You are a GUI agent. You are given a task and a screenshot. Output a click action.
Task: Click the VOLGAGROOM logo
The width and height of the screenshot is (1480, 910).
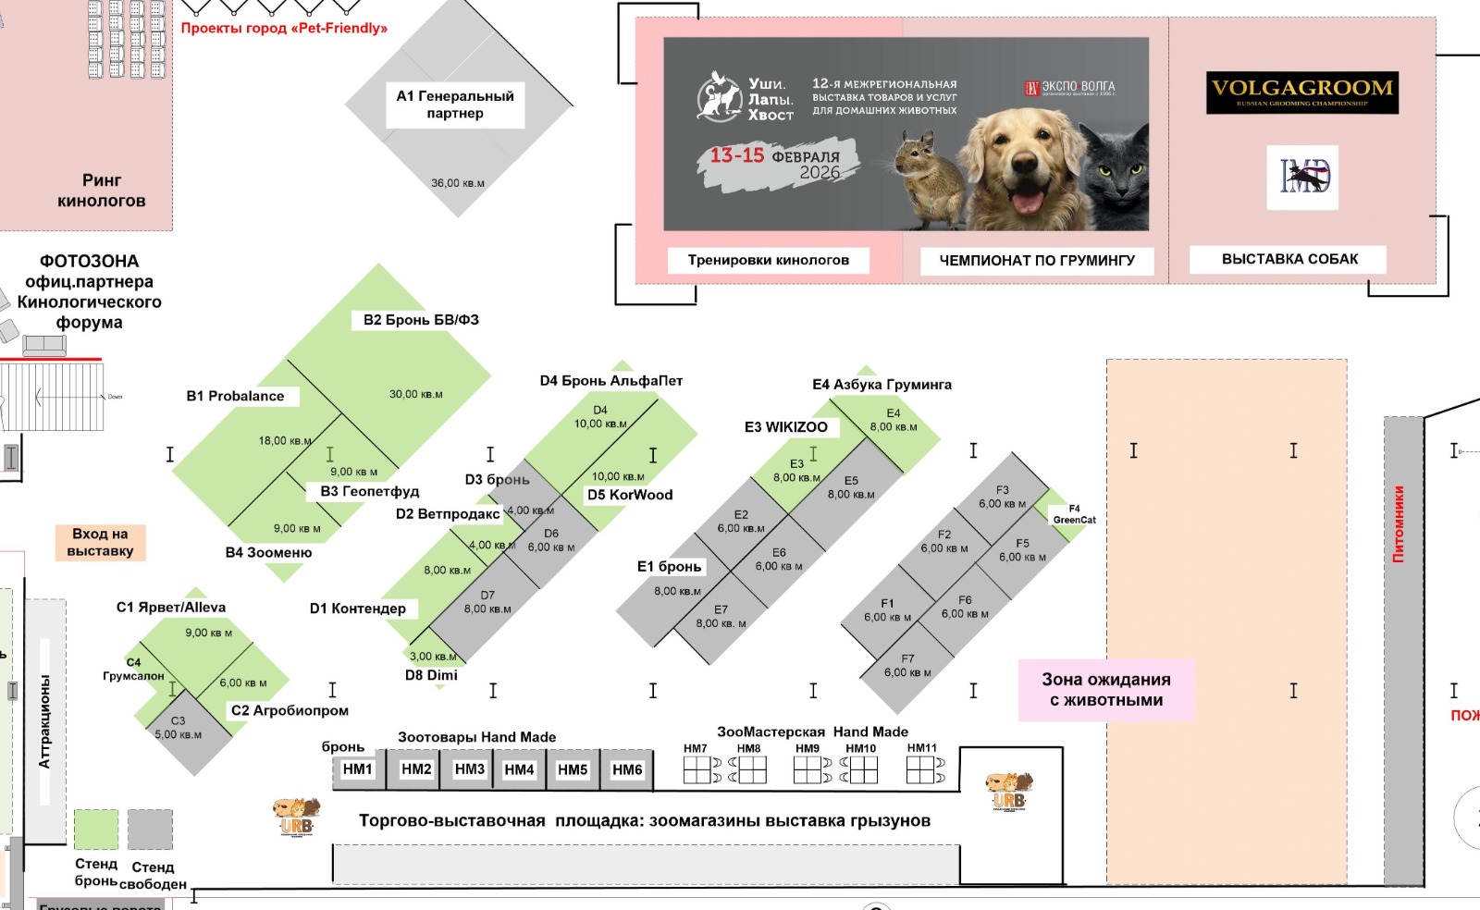1301,92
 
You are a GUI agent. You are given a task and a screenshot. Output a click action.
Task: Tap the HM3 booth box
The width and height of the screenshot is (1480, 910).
469,769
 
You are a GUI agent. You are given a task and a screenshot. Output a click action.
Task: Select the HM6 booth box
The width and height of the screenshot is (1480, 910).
627,769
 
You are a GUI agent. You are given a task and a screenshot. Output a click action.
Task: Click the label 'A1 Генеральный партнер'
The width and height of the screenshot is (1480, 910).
454,105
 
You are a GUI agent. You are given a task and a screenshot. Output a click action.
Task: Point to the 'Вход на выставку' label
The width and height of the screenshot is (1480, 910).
100,542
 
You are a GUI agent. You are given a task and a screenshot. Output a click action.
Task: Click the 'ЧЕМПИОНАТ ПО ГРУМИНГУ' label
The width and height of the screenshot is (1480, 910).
1037,261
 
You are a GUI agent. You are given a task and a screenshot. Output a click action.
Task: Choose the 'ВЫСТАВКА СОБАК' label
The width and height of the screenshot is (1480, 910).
1289,259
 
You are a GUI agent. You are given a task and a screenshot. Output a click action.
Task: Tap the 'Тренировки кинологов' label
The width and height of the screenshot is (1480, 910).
768,260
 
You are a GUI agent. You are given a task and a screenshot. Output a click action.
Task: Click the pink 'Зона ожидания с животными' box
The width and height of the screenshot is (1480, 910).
1106,690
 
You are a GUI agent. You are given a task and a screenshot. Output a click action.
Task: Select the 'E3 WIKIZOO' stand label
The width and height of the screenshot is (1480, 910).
786,427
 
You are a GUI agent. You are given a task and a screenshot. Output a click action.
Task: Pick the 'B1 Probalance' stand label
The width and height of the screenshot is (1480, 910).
236,396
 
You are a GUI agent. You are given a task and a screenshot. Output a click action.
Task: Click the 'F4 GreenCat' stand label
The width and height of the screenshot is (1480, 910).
1074,514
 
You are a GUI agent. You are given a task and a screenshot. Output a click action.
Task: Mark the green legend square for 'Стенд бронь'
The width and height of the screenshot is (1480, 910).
96,830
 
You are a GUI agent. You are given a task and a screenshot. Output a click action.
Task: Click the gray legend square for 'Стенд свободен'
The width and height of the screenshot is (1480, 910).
150,830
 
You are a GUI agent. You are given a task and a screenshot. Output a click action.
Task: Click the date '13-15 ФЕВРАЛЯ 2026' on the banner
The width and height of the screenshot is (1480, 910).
777,163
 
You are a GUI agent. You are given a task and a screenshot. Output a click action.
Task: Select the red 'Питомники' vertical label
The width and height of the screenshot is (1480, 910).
1399,524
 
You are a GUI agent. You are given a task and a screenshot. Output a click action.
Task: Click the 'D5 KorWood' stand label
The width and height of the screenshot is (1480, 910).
630,495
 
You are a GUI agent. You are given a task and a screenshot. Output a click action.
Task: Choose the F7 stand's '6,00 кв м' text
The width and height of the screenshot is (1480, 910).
907,672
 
